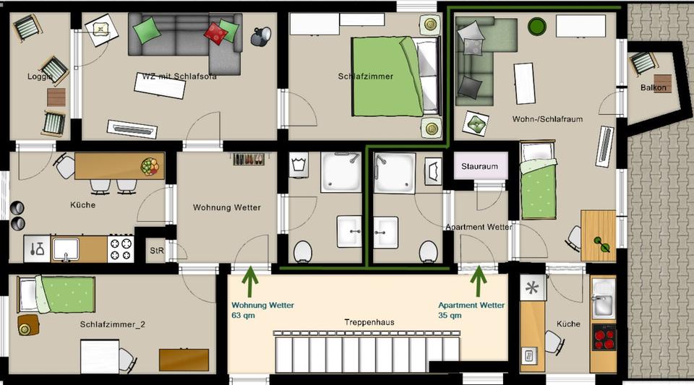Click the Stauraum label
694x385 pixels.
pos(480,167)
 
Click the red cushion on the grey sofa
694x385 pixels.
pos(215,33)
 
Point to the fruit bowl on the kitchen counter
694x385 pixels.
pos(150,167)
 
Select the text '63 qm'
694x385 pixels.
pos(243,316)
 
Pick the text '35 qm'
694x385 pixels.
pos(450,316)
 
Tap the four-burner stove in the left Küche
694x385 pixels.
pos(121,249)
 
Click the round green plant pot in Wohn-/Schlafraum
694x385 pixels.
pos(537,27)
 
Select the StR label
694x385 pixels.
pos(156,251)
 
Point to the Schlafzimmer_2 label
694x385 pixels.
pos(113,325)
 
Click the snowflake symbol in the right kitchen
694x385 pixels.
pos(533,287)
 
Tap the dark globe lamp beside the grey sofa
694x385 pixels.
pos(260,35)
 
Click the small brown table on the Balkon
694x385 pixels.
pos(661,83)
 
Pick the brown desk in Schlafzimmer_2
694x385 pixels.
pos(184,359)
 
